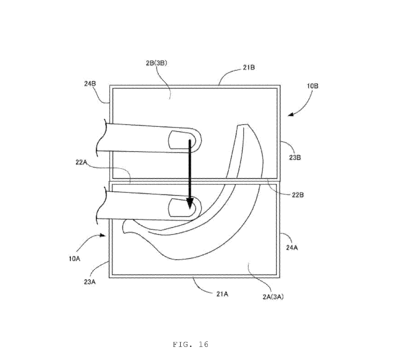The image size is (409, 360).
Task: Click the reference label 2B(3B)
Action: point(156,63)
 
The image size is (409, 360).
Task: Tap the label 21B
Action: point(249,67)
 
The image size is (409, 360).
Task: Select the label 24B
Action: point(90,83)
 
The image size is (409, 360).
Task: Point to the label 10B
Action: point(313,86)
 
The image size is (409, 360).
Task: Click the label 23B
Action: point(295,158)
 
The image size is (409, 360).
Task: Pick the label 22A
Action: point(81,162)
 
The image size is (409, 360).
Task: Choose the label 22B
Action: point(298,195)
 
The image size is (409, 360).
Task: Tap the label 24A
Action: point(292,248)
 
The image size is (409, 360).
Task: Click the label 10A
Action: point(74,259)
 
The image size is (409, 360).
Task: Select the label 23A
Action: point(90,282)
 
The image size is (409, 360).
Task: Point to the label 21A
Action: point(222,294)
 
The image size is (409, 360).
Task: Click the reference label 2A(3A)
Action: point(273,297)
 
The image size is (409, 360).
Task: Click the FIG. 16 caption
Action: point(191,344)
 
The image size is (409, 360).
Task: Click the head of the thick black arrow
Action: point(190,204)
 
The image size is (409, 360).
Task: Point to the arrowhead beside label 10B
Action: point(291,114)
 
